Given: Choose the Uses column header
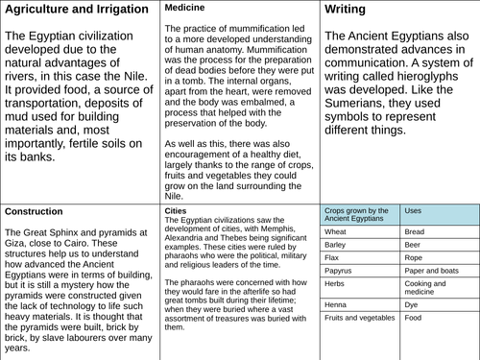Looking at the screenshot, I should point(414,210).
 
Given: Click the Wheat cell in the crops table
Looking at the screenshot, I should point(336,231).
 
